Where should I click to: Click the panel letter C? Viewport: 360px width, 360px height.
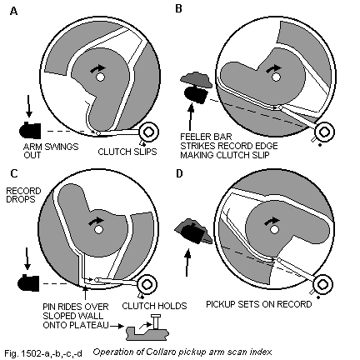point(12,175)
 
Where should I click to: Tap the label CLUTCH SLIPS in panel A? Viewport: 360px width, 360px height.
point(127,152)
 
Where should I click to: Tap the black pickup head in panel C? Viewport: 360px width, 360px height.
point(27,282)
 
